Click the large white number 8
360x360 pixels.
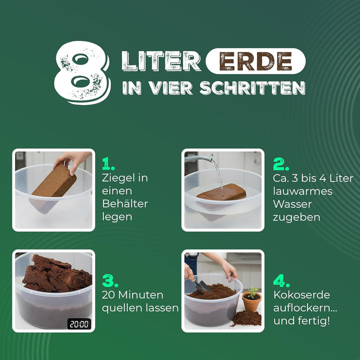(x=81, y=72)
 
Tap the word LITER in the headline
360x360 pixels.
(x=161, y=61)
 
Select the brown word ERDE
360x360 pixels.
(x=255, y=61)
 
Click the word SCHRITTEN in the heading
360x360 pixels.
(x=252, y=88)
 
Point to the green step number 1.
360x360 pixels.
(x=108, y=163)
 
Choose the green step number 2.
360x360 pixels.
(x=281, y=164)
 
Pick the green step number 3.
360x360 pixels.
(x=110, y=280)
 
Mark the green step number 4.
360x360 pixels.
(x=281, y=280)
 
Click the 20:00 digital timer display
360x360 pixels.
(x=79, y=323)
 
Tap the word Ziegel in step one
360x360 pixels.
(x=118, y=178)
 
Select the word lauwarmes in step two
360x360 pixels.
(x=302, y=191)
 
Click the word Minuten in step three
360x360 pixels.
(x=140, y=295)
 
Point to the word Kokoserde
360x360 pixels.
(x=301, y=295)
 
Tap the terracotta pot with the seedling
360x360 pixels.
(x=251, y=301)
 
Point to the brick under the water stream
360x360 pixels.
(x=221, y=192)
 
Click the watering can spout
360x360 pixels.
(x=198, y=158)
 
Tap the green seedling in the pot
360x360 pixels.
(x=252, y=292)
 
